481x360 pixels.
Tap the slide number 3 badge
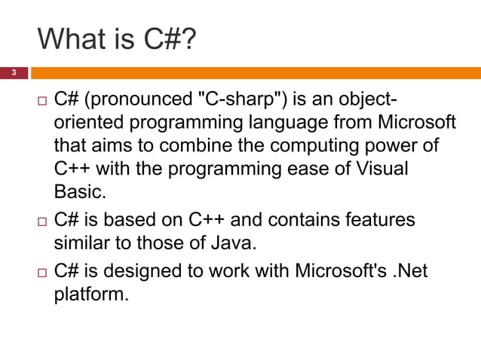pos(13,73)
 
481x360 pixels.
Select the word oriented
pos(84,123)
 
